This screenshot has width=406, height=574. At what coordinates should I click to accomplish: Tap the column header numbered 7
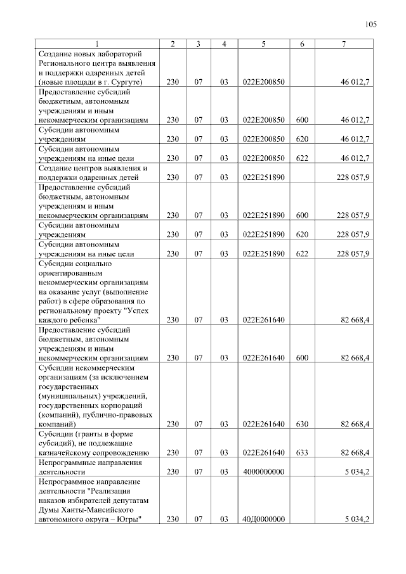tap(343, 44)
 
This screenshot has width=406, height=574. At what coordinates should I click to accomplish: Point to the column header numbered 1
tap(97, 44)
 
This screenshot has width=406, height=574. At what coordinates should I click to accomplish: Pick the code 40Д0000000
tap(263, 520)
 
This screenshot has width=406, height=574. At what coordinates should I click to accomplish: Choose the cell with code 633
tap(302, 452)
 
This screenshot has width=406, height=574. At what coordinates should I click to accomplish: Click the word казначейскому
tap(69, 452)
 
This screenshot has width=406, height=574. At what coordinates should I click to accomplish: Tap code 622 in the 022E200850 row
tap(302, 158)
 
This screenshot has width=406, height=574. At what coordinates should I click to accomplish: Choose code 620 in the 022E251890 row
tap(302, 234)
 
